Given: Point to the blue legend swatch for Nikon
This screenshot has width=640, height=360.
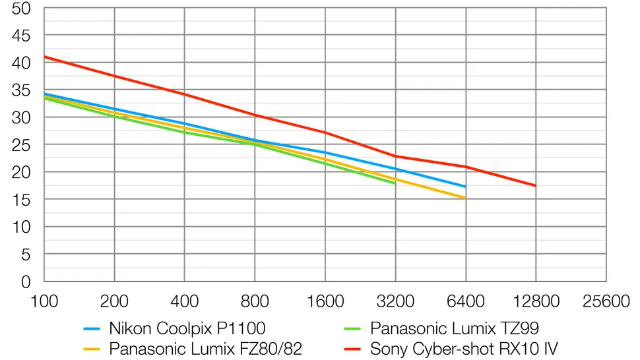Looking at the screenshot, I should [x=92, y=328].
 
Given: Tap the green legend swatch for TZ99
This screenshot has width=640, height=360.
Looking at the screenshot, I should [x=354, y=328].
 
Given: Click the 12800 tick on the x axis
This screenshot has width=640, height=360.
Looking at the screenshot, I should [x=536, y=302].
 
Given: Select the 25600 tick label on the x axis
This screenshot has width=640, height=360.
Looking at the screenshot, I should [x=606, y=302].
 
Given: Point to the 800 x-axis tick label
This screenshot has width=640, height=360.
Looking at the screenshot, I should [x=255, y=302].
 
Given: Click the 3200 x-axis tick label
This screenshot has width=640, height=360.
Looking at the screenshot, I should [x=395, y=302].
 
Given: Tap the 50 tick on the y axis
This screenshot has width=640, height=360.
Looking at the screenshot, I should [x=21, y=9].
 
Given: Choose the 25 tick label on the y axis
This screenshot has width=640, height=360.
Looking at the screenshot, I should [x=21, y=145].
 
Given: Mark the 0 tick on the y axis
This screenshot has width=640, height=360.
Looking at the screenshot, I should [x=26, y=282].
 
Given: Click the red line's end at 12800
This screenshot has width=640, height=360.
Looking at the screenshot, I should [x=536, y=186].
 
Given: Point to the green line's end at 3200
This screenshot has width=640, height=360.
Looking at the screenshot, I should [x=395, y=183].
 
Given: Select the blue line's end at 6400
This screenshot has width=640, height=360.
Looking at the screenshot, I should [x=466, y=187].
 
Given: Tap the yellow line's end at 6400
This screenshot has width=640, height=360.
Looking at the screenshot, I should [x=466, y=198].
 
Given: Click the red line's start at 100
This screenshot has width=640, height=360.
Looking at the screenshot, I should [x=44, y=57].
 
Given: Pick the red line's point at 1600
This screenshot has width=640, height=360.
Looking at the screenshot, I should [x=325, y=133].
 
